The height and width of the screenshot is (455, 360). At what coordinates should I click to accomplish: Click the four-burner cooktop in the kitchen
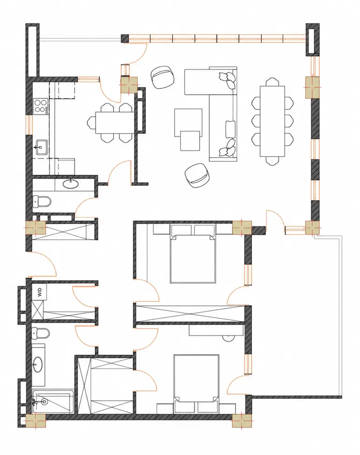[x=41, y=107]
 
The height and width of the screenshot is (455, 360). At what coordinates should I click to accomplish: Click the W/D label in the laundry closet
[x=40, y=292]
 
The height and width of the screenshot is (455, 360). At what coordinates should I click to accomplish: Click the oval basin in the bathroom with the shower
[x=38, y=364]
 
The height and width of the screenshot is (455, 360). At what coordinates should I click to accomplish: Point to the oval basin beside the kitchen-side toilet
[x=71, y=184]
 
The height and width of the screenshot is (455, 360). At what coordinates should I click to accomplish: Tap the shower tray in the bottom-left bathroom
[x=52, y=402]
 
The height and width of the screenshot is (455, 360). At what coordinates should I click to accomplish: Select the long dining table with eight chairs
[x=272, y=121]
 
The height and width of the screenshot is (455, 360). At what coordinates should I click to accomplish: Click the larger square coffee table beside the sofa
[x=188, y=122]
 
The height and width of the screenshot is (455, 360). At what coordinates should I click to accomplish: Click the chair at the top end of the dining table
[x=272, y=82]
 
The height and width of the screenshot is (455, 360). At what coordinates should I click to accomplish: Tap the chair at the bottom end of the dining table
[x=272, y=161]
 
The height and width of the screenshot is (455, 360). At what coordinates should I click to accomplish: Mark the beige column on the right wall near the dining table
[x=312, y=87]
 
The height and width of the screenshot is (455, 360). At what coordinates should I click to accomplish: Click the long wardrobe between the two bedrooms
[x=190, y=314]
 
